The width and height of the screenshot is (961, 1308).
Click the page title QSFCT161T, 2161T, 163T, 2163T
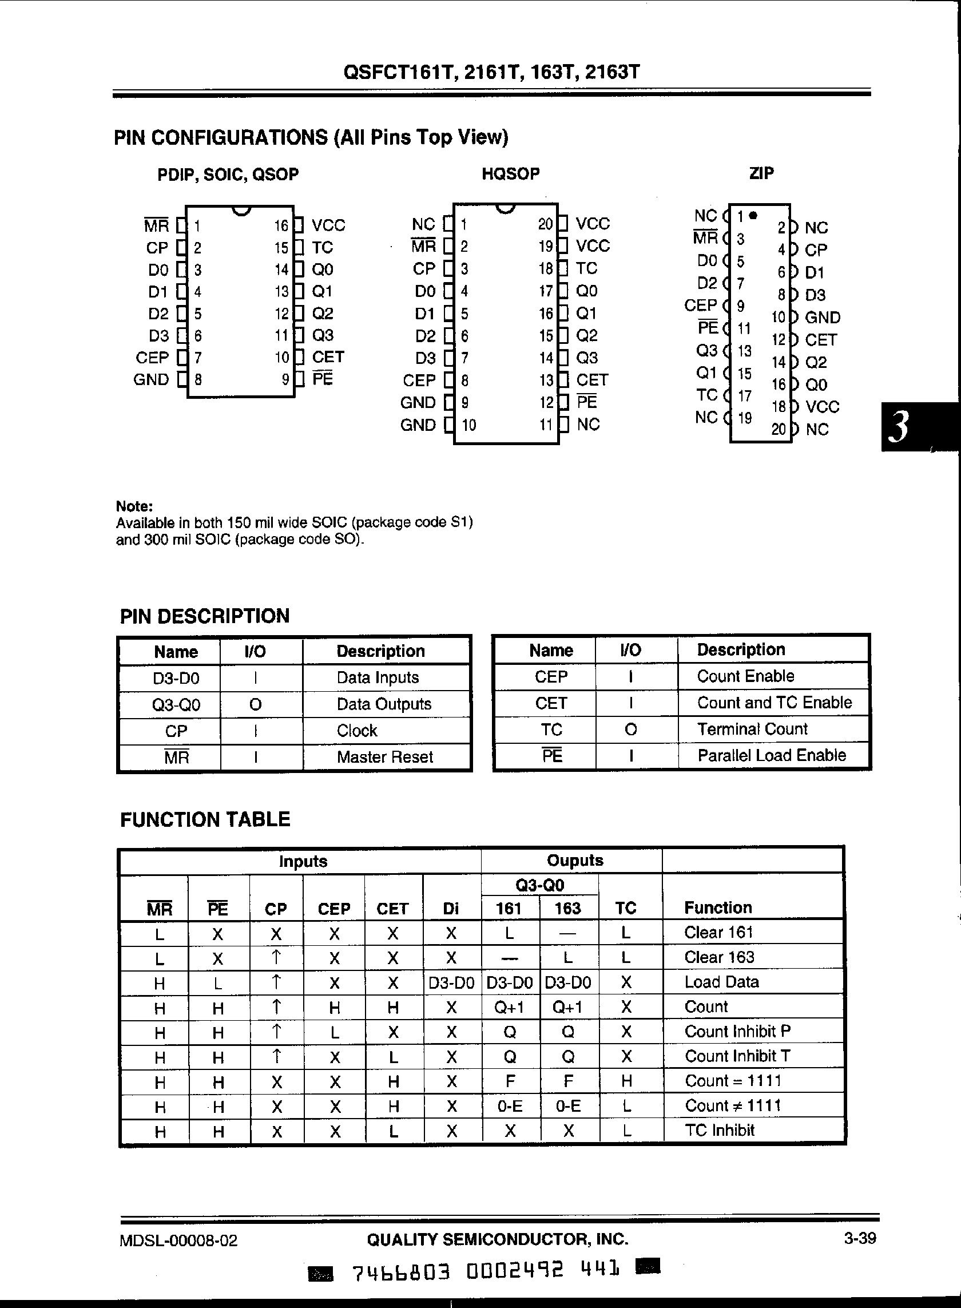pos(491,72)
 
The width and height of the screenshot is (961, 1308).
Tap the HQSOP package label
pos(510,173)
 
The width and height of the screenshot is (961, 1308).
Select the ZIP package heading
pos(761,173)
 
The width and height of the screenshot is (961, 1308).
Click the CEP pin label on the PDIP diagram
pos(152,357)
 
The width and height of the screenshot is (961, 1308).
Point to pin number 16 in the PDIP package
pos(281,226)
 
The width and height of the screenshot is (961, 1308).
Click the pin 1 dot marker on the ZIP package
pos(753,215)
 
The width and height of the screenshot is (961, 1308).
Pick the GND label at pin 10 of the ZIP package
pos(823,318)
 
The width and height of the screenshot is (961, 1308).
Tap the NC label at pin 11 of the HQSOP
pos(588,424)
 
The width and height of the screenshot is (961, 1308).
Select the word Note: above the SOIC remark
pos(134,506)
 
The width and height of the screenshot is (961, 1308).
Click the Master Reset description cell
pos(384,757)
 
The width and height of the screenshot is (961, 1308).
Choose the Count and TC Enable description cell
pos(774,702)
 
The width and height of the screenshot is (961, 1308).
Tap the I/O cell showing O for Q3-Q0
pos(255,704)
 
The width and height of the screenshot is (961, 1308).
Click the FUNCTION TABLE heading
pos(205,819)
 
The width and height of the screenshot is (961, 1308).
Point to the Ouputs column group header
pos(575,861)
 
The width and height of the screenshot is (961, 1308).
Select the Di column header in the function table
pos(451,908)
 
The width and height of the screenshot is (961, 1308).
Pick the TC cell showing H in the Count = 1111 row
pos(626,1081)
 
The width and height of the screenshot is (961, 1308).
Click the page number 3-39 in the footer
pos(860,1238)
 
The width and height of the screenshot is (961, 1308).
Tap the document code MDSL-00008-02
pos(178,1240)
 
